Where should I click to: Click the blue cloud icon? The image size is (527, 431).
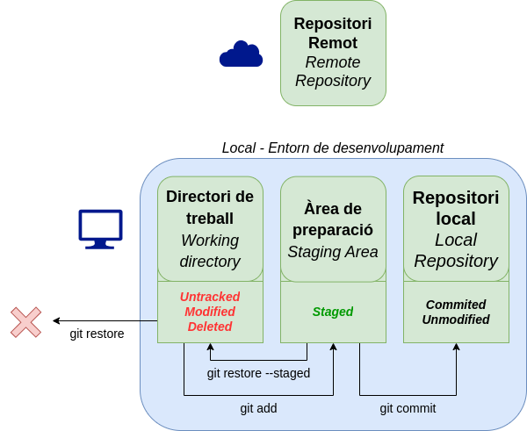click(241, 54)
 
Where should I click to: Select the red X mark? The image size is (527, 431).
click(25, 322)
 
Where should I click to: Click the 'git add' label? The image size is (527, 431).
click(258, 408)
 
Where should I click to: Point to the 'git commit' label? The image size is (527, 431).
click(408, 408)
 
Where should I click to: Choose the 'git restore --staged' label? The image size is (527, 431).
click(258, 373)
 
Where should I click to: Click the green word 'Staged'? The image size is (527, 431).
click(333, 312)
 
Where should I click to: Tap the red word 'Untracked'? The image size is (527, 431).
click(210, 297)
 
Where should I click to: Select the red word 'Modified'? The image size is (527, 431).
click(210, 312)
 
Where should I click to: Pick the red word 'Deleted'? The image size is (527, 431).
click(210, 327)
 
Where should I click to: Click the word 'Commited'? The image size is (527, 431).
click(456, 305)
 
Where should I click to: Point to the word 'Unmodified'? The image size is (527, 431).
click(456, 320)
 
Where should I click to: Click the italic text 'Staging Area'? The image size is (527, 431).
click(333, 252)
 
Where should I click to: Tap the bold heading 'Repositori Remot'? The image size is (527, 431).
click(333, 33)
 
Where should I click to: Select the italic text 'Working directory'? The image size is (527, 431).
click(210, 250)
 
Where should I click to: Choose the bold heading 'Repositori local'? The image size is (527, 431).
click(456, 208)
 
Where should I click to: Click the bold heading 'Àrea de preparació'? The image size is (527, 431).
click(333, 219)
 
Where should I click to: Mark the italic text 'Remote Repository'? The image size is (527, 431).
click(333, 72)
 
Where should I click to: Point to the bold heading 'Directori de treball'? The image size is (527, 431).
click(210, 207)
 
